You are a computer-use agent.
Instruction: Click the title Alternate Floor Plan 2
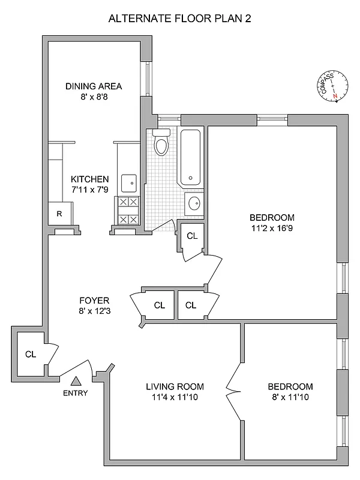coord(179,19)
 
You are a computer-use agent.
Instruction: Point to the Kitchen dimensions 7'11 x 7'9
coord(89,190)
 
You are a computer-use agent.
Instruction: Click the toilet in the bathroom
coord(161,143)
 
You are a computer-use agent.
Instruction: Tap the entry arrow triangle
coord(76,380)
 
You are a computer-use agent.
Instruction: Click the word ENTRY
coord(76,394)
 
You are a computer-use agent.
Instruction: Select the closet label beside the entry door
coord(31,354)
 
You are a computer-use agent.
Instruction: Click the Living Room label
coord(175,386)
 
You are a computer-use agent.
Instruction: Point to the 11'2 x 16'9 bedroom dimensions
coord(272,228)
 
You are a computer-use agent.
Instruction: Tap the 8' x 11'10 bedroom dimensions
coord(290,397)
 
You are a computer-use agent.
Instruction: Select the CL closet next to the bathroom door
coord(192,236)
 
